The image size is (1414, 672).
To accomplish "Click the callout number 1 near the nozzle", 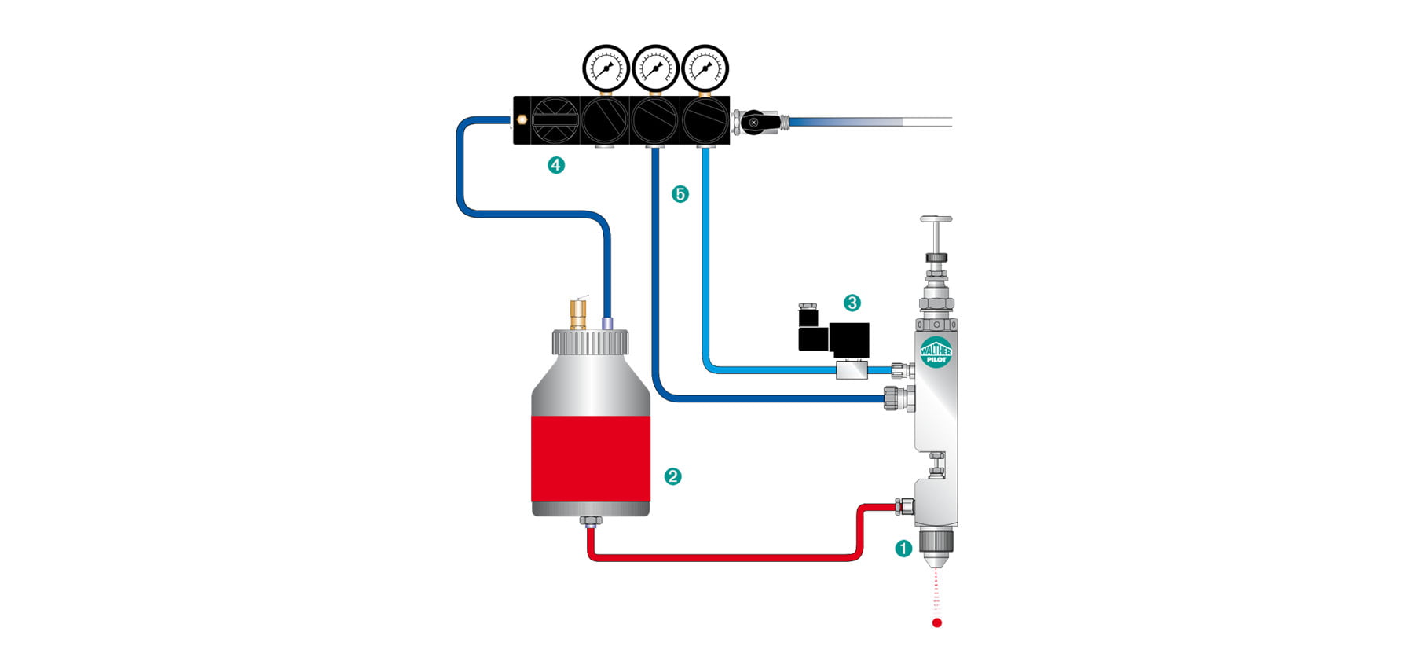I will pyautogui.click(x=903, y=549).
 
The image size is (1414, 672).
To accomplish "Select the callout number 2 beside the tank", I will pyautogui.click(x=672, y=476).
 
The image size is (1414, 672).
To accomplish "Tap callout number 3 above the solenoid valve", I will pyautogui.click(x=852, y=303).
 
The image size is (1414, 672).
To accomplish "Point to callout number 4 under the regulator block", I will pyautogui.click(x=556, y=165).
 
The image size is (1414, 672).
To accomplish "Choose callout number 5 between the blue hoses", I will pyautogui.click(x=680, y=193).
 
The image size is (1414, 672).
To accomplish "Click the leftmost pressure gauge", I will pyautogui.click(x=606, y=68).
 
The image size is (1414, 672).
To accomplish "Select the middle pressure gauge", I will pyautogui.click(x=655, y=68).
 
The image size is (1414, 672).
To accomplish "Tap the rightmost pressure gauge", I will pyautogui.click(x=705, y=68).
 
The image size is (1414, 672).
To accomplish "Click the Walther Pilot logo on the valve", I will pyautogui.click(x=936, y=351).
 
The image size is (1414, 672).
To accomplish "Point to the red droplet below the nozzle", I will pyautogui.click(x=936, y=623).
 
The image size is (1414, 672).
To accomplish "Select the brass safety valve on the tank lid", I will pyautogui.click(x=578, y=314).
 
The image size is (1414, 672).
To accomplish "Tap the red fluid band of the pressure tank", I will pyautogui.click(x=591, y=459).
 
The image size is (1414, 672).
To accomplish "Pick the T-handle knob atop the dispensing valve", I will pyautogui.click(x=936, y=220).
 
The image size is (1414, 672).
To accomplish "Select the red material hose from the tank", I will pyautogui.click(x=723, y=557).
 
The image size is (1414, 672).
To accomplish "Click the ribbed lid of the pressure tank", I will pyautogui.click(x=590, y=342).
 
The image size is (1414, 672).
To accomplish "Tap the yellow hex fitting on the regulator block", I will pyautogui.click(x=522, y=120).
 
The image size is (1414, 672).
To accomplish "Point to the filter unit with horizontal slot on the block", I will pyautogui.click(x=555, y=120).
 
